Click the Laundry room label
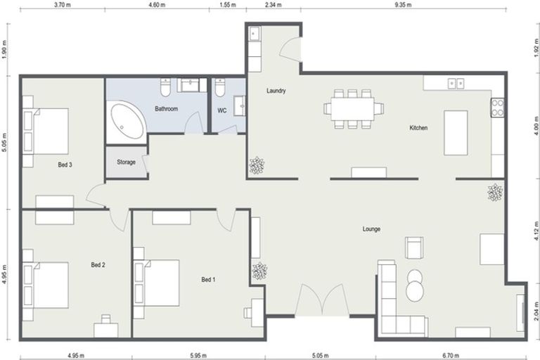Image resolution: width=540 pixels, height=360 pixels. click(x=274, y=91)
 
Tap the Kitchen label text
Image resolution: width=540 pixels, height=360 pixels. click(x=418, y=128)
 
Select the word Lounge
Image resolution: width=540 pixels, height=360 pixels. click(x=371, y=229)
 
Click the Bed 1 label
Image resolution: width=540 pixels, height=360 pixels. click(x=208, y=280)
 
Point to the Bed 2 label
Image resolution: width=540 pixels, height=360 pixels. click(x=98, y=265)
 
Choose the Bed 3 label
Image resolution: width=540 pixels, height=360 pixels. click(x=65, y=165)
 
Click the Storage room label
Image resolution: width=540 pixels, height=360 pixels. click(x=126, y=162)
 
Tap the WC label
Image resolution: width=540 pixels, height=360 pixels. click(x=221, y=110)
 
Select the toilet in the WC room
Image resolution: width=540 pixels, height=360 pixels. click(x=219, y=88)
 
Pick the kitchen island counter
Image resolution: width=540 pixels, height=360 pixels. click(x=456, y=132)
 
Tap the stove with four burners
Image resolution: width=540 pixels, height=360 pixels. click(x=498, y=108)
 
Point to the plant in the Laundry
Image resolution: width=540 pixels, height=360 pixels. click(x=257, y=166)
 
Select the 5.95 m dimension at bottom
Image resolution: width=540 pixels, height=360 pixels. click(x=198, y=355)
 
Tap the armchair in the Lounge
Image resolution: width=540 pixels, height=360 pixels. click(x=414, y=247)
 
